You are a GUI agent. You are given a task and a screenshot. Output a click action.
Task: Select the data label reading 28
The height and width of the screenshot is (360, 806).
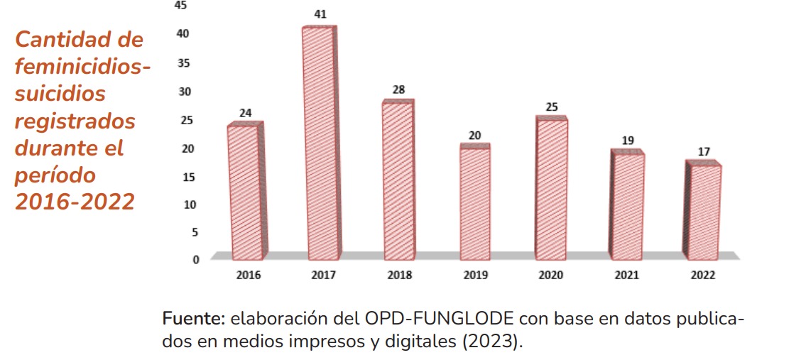(x=398, y=90)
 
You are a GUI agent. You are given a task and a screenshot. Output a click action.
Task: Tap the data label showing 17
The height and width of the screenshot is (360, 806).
(x=704, y=152)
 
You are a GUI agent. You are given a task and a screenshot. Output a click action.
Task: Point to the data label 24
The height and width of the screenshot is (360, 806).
(x=245, y=112)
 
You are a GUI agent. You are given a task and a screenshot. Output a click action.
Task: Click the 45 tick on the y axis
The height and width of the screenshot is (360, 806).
(x=181, y=6)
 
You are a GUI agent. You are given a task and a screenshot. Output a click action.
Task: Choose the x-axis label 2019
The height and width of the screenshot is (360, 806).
(x=474, y=276)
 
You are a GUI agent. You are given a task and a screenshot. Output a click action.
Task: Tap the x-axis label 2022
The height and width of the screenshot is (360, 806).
(x=703, y=276)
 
